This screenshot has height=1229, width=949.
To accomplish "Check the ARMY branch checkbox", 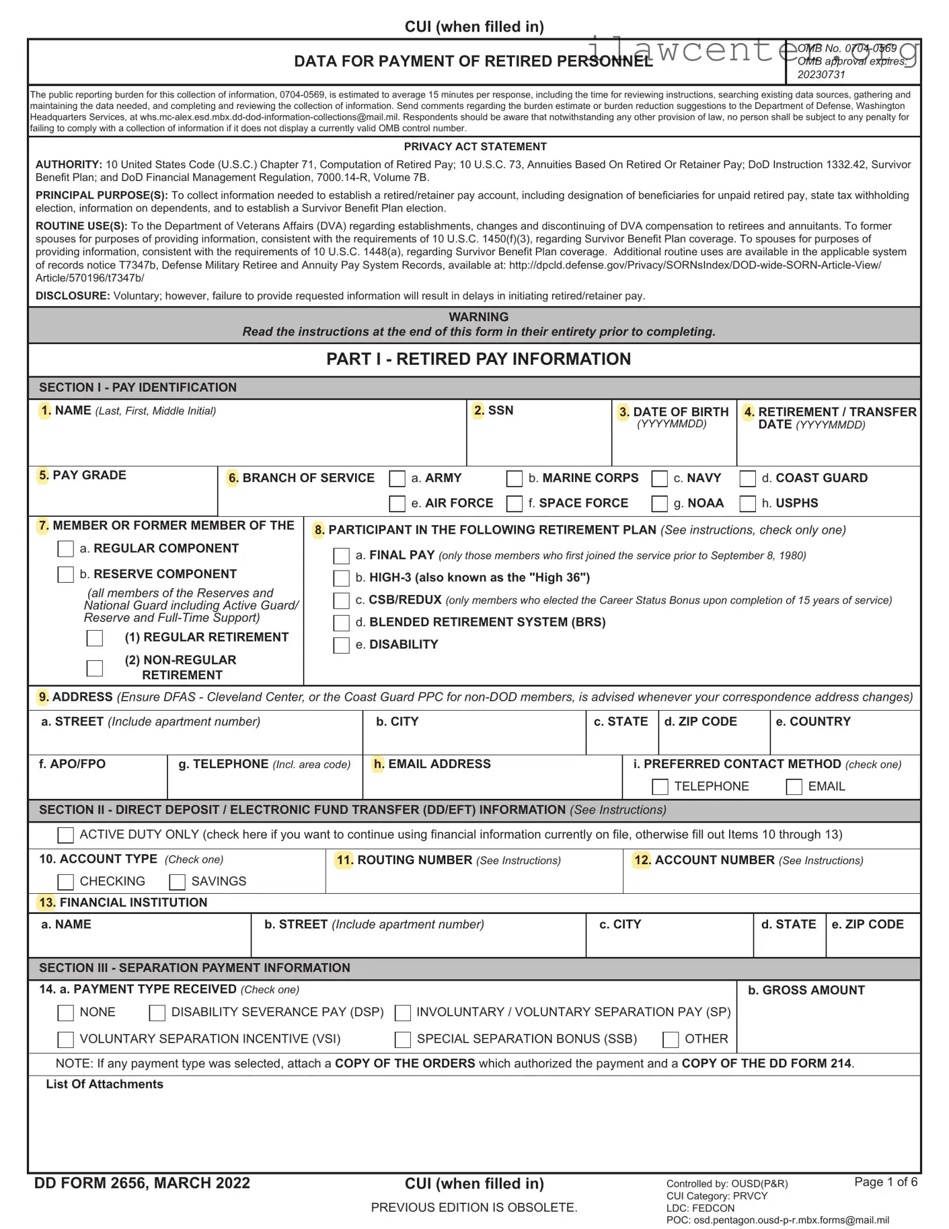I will tap(397, 479).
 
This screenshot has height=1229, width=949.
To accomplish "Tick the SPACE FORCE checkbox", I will tap(515, 503).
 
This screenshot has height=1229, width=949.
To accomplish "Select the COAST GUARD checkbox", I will tap(747, 479).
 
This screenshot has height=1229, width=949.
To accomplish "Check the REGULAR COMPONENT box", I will tap(66, 549).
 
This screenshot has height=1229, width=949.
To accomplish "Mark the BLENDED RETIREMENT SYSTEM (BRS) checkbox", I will tap(342, 623).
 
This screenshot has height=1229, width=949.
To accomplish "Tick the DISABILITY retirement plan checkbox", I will tap(342, 645).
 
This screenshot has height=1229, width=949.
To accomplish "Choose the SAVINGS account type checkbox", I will tap(178, 882).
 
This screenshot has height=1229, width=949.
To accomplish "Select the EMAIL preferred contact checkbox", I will tap(794, 787).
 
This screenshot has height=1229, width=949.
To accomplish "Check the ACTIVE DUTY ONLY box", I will tap(66, 835).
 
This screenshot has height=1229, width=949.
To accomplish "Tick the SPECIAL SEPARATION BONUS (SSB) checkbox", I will tap(403, 1040).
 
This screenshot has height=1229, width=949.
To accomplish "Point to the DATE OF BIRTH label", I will tap(680, 412).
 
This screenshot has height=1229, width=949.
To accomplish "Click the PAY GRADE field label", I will tap(89, 475).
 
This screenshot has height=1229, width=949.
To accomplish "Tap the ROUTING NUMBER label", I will tap(414, 860).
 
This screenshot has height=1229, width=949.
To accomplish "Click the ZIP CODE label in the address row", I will tap(700, 722).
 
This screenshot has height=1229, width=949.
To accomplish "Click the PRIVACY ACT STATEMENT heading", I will tap(475, 147).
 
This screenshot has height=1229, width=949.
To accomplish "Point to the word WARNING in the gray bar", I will tap(478, 317).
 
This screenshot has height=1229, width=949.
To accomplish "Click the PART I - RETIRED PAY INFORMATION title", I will tap(478, 359).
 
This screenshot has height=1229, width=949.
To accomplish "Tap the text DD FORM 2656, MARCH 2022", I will tap(142, 1183).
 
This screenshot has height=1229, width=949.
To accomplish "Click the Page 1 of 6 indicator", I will tap(885, 1182).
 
